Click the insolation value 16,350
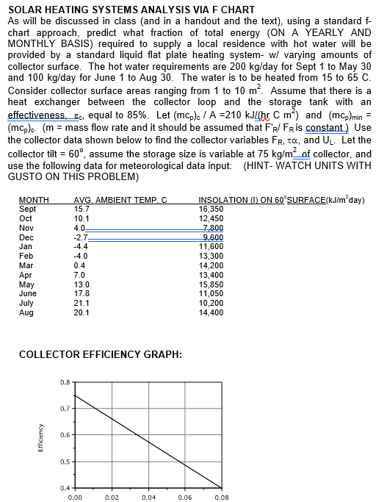[x=211, y=209]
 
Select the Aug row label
[x=26, y=312]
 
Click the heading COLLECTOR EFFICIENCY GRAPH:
[x=100, y=354]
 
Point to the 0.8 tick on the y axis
[x=65, y=382]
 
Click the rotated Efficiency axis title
[x=29, y=435]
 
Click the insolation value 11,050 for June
[x=211, y=293]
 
